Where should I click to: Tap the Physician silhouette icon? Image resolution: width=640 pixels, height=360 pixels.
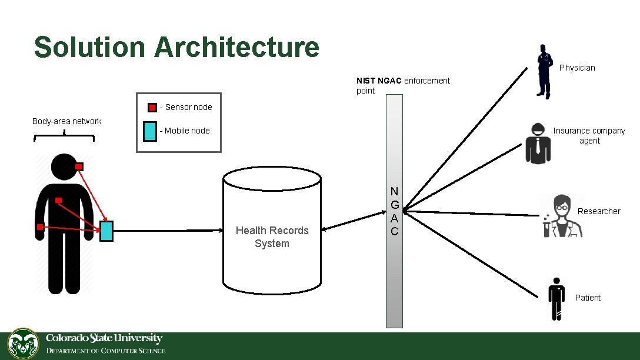tap(544, 72)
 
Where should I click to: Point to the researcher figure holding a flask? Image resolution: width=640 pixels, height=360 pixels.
tap(562, 216)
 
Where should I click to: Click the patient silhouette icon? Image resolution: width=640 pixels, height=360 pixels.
tap(555, 298)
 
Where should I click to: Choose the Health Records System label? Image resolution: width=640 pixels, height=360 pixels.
tap(272, 237)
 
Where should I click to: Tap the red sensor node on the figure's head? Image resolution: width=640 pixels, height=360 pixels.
tap(79, 166)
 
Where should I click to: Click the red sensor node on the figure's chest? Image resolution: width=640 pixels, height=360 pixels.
tap(59, 201)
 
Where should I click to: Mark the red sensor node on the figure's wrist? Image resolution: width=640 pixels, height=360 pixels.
tap(39, 226)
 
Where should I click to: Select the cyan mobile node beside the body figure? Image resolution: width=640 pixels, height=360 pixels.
tap(106, 231)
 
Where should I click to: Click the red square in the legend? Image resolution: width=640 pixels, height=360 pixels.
tap(152, 108)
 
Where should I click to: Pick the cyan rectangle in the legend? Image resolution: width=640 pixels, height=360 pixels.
tap(150, 131)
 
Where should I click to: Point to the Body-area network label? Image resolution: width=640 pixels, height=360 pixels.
tap(66, 121)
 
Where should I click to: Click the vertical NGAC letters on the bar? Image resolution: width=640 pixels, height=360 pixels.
tap(394, 211)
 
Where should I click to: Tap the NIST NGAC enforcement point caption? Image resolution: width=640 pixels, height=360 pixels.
tap(403, 85)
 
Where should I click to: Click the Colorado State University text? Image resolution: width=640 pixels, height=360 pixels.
tap(104, 338)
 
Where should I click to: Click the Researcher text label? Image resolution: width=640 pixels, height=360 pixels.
tap(599, 211)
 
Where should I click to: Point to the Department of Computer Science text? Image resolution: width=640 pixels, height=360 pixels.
tap(106, 351)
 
